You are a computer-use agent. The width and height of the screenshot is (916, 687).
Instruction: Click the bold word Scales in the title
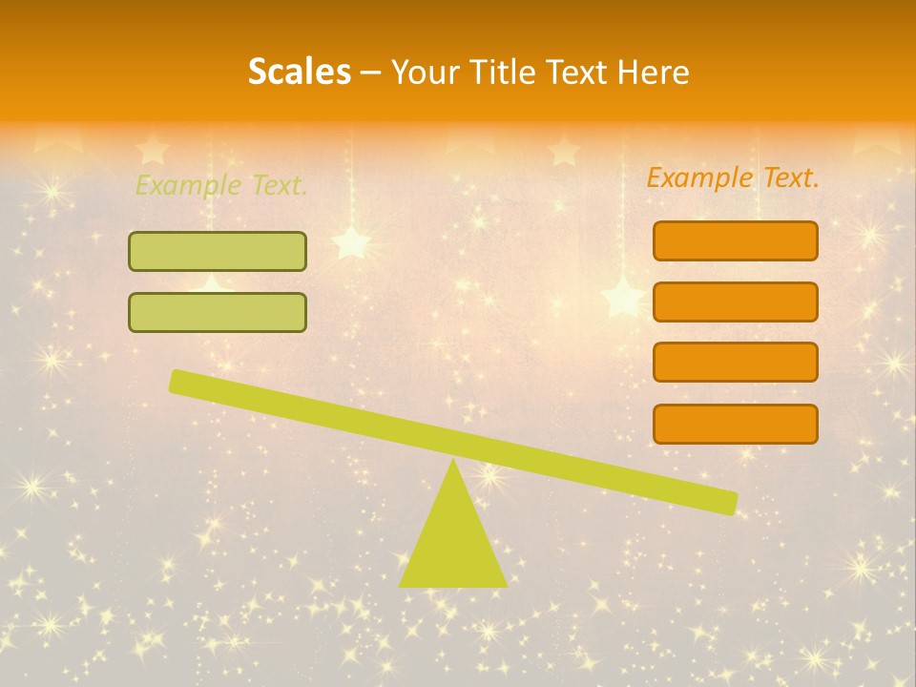click(299, 72)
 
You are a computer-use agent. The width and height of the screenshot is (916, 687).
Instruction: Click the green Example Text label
click(221, 185)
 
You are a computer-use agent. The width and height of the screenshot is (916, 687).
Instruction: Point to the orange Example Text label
click(733, 177)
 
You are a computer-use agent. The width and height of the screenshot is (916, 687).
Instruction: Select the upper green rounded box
click(218, 251)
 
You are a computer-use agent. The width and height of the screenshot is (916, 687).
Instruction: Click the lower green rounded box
click(218, 312)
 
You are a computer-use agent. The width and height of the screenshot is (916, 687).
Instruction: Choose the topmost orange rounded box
click(735, 240)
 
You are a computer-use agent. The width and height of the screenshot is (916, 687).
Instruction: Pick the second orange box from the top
click(735, 302)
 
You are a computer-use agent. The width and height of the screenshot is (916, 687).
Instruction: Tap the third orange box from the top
click(735, 362)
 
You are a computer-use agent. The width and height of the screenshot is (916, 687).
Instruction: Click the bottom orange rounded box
click(735, 424)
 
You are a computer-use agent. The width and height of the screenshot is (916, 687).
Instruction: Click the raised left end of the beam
click(180, 382)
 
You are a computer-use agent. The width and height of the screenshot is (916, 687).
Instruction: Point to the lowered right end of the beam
click(725, 502)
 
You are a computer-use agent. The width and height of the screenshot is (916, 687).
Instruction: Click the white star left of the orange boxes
click(622, 297)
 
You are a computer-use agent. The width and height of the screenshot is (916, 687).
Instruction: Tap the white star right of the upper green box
click(351, 242)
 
